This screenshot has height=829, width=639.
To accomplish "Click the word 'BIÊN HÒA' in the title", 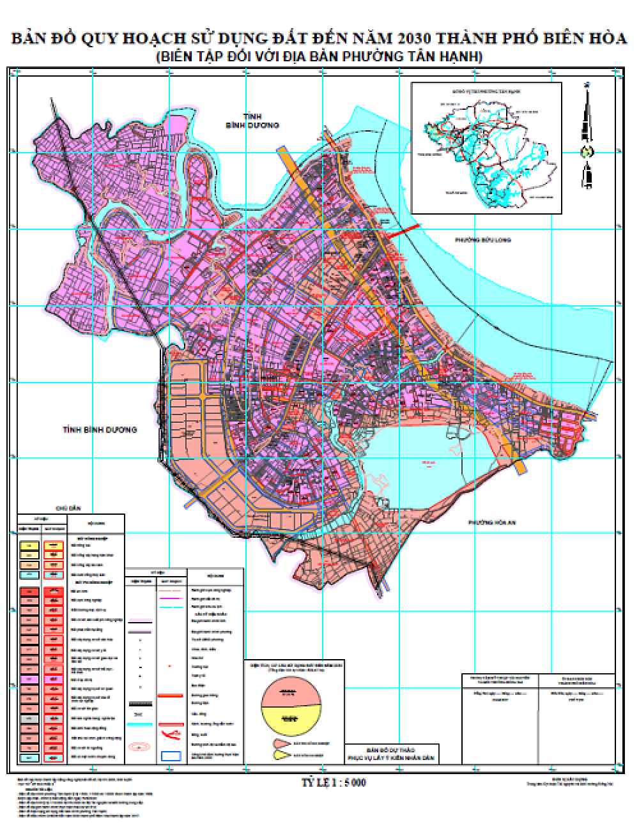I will point(585,40).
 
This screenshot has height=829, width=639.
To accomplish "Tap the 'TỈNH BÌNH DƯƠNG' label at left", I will point(100,430).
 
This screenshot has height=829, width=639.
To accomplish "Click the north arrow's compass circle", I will point(587,151).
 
